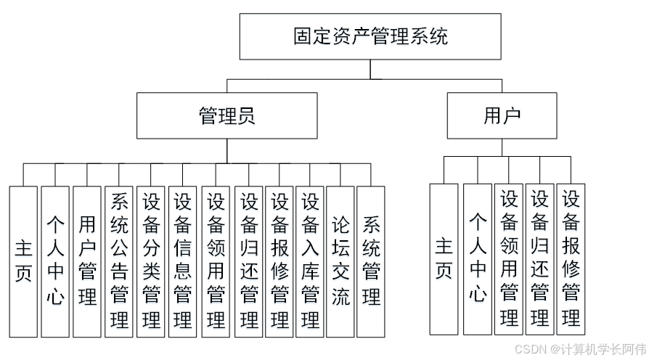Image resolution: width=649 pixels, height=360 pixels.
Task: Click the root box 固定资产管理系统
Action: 370,36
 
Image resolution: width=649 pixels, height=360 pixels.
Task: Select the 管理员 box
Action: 227,115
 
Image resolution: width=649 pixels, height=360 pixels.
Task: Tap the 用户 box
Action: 502,115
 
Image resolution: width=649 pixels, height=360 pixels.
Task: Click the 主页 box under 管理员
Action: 23,261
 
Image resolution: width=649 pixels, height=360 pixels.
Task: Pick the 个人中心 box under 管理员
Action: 55,261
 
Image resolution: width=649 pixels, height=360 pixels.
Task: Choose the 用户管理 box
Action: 87,261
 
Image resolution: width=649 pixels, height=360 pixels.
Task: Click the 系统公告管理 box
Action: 119,261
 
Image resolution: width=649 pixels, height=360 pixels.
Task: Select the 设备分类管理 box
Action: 151,261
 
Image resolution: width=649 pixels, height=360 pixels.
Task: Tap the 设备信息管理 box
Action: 183,261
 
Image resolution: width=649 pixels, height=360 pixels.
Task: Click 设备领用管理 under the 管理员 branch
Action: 216,261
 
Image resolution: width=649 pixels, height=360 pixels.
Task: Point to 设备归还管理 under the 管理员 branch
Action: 248,261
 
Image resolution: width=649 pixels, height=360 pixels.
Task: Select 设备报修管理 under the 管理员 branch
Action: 279,261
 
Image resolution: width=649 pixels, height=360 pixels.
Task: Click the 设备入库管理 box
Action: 311,261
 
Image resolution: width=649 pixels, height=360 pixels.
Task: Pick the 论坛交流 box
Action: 340,261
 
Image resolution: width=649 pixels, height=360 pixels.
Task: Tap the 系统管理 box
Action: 371,261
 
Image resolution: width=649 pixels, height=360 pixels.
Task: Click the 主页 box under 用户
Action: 444,259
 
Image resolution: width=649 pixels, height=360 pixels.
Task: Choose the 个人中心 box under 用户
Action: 477,259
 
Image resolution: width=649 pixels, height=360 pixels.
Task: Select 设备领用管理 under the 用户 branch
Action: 509,259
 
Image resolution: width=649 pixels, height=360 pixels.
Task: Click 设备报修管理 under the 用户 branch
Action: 571,259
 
